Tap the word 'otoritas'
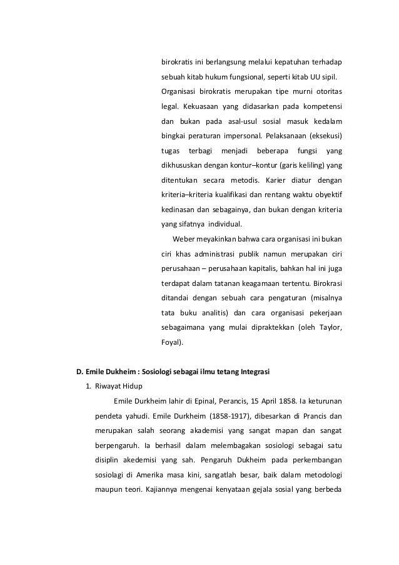point(328,93)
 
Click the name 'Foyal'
point(171,343)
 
